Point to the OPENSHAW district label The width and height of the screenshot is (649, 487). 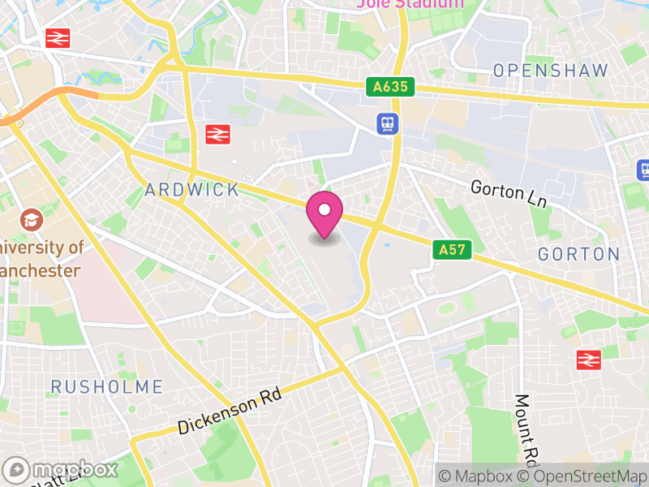(551, 70)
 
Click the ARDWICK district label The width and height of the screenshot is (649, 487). (192, 190)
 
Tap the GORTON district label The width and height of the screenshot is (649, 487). (578, 254)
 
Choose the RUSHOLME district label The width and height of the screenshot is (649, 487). (107, 386)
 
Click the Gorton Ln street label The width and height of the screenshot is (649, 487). (509, 192)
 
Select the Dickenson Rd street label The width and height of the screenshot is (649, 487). (230, 412)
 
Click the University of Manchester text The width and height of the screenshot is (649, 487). (41, 258)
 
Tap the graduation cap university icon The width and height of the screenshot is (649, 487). (32, 219)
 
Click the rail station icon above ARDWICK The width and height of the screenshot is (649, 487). (217, 134)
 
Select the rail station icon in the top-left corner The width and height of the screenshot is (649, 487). (58, 37)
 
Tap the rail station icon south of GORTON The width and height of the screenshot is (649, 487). (589, 360)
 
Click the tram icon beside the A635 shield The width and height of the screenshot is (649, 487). (387, 123)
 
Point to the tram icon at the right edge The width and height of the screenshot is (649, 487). (643, 170)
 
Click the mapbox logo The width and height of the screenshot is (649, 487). (61, 469)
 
